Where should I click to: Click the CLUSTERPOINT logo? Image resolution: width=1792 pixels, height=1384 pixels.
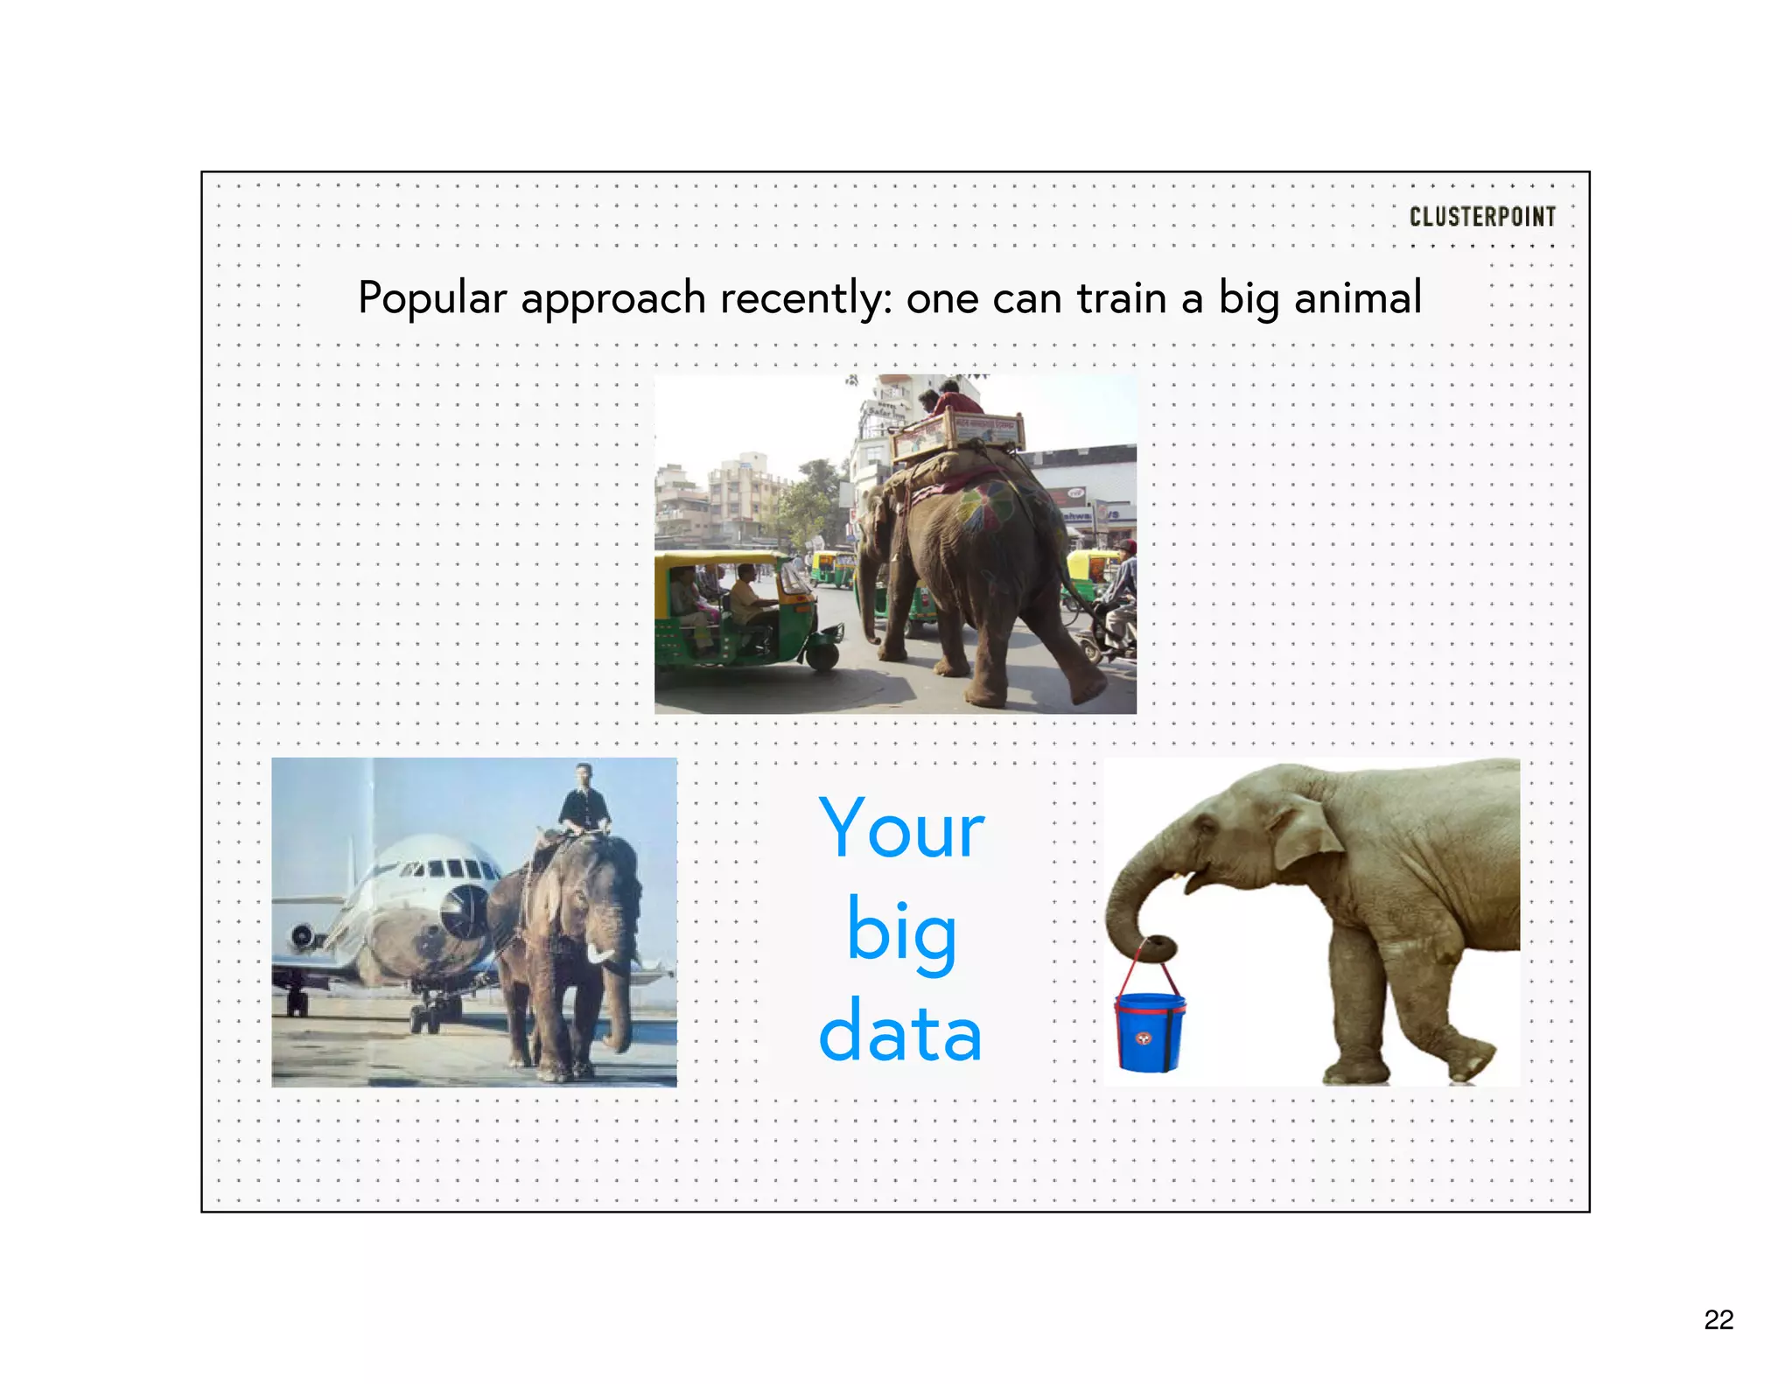pos(1482,217)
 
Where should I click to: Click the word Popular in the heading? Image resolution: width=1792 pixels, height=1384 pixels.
pos(432,299)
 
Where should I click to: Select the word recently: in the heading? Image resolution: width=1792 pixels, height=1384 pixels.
pos(806,299)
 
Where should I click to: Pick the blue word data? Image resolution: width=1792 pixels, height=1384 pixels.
pos(901,1033)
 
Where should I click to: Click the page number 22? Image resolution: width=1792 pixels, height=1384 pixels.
pos(1718,1319)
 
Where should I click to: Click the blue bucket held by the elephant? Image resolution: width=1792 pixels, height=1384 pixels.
pos(1148,1032)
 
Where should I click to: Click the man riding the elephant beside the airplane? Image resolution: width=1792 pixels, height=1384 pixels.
pos(584,800)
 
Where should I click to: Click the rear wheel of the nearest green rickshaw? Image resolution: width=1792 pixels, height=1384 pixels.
pos(822,654)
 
